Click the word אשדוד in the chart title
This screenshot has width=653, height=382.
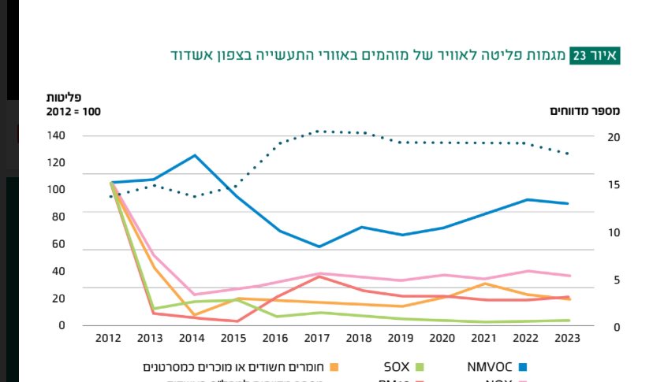[x=194, y=55]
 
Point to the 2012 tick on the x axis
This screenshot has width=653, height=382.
[x=108, y=338]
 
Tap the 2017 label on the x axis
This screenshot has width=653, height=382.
[x=317, y=338]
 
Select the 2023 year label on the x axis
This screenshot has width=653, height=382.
[x=568, y=338]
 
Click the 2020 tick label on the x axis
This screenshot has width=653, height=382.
[x=442, y=338]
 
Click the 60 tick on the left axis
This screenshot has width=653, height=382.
[x=58, y=244]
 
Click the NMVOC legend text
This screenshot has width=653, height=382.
[x=491, y=366]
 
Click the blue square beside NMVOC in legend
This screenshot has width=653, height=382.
[x=522, y=366]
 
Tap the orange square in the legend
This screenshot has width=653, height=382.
[x=334, y=366]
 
